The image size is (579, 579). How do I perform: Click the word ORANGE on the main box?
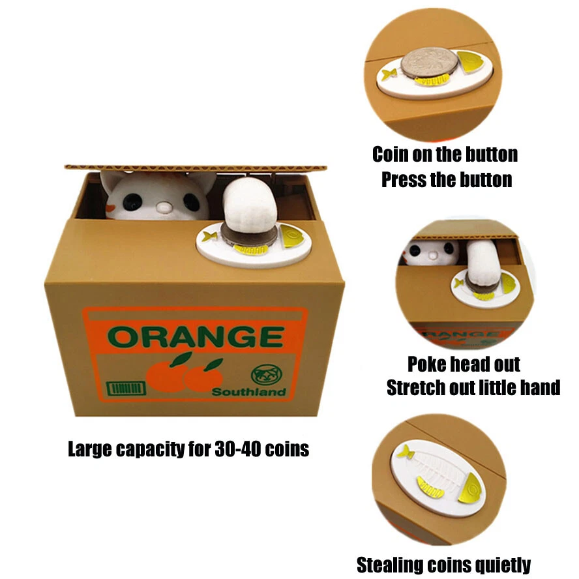(195, 336)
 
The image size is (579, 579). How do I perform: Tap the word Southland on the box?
(248, 392)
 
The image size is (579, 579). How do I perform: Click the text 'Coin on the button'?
(445, 155)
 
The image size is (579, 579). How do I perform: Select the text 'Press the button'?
(447, 179)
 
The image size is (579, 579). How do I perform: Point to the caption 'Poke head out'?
(464, 363)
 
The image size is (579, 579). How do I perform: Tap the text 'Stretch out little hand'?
(473, 388)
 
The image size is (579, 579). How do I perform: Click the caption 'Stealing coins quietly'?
(443, 564)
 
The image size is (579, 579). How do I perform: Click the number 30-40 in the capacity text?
(239, 449)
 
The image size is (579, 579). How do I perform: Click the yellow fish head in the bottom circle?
(471, 488)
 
